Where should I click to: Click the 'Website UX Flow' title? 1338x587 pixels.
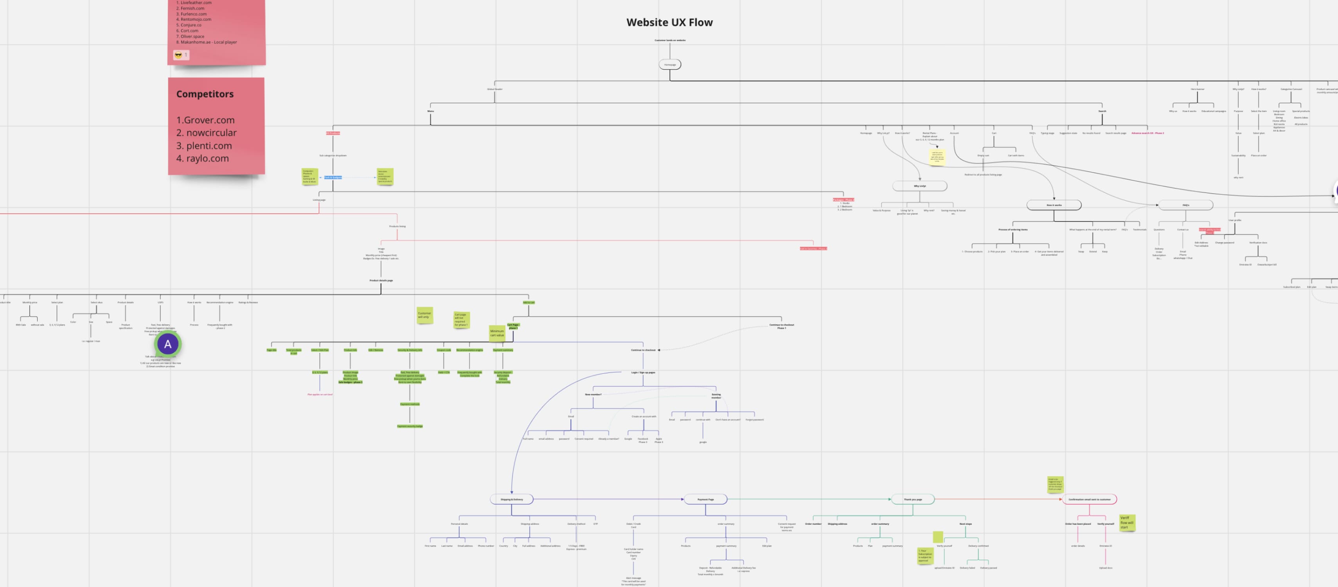click(669, 22)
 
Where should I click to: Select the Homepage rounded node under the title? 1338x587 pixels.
click(669, 65)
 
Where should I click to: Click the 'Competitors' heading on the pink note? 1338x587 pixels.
click(205, 94)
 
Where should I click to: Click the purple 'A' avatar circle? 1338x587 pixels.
click(168, 344)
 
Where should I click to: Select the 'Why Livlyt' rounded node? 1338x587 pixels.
click(919, 186)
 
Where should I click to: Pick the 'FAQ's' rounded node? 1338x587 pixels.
click(1185, 205)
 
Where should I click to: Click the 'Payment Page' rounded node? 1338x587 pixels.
click(705, 499)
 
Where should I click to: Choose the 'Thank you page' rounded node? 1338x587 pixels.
click(913, 499)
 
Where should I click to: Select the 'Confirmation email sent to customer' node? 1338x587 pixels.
click(1089, 499)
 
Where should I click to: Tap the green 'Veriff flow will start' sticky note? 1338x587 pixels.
click(1127, 522)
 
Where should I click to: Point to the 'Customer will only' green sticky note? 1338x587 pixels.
click(424, 315)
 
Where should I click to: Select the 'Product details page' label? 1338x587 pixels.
click(381, 281)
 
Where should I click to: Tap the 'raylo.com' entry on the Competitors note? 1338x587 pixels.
click(207, 158)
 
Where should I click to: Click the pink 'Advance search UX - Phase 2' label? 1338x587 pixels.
click(1147, 133)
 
